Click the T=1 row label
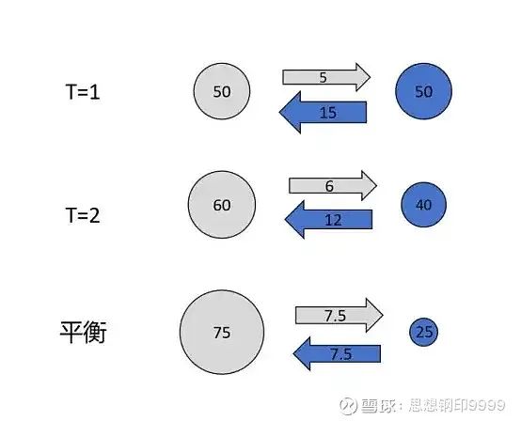pyautogui.click(x=83, y=92)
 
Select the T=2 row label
pyautogui.click(x=83, y=215)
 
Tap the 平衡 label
pyautogui.click(x=83, y=332)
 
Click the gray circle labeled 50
pyautogui.click(x=222, y=91)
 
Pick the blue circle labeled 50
pyautogui.click(x=423, y=91)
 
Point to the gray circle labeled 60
pyautogui.click(x=222, y=205)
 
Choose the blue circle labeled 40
pyautogui.click(x=423, y=205)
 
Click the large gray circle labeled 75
pyautogui.click(x=222, y=332)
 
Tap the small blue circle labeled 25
pyautogui.click(x=423, y=332)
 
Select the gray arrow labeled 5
pyautogui.click(x=326, y=77)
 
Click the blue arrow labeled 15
pyautogui.click(x=323, y=112)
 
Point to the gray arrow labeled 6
pyautogui.click(x=333, y=186)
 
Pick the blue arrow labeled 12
pyautogui.click(x=329, y=220)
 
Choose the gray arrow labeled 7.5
pyautogui.click(x=339, y=316)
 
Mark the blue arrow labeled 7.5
pyautogui.click(x=337, y=353)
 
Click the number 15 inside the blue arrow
pyautogui.click(x=328, y=113)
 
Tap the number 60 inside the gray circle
pyautogui.click(x=222, y=205)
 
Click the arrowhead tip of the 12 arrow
pyautogui.click(x=285, y=220)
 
